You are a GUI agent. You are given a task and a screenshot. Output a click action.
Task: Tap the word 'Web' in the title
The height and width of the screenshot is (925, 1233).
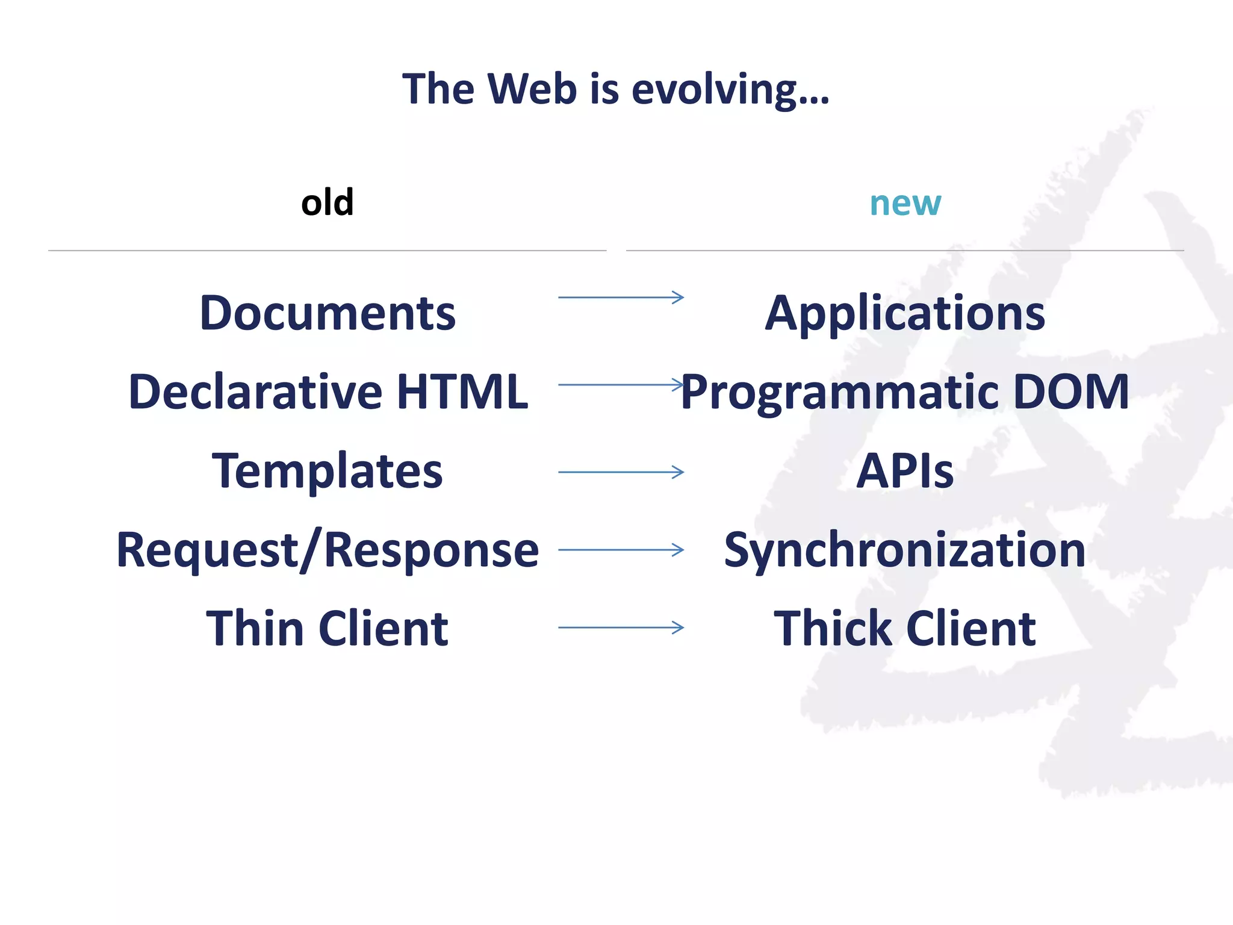click(x=532, y=89)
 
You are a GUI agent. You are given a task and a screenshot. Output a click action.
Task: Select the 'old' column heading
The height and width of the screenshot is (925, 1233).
click(x=327, y=202)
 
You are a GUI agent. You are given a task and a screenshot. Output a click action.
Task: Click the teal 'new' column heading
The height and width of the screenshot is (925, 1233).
click(x=905, y=204)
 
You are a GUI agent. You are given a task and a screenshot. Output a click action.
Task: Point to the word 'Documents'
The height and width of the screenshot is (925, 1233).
click(x=328, y=313)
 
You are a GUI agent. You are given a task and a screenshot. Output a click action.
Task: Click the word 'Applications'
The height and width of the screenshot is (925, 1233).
click(x=905, y=314)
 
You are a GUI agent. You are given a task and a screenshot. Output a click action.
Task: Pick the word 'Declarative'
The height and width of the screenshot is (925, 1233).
click(x=255, y=391)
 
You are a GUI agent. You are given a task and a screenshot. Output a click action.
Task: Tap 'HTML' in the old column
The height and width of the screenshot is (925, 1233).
click(x=462, y=391)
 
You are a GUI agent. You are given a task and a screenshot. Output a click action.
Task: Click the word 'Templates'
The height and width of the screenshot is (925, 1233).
click(x=328, y=472)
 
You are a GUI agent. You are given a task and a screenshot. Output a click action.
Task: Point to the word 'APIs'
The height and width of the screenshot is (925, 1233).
click(x=905, y=471)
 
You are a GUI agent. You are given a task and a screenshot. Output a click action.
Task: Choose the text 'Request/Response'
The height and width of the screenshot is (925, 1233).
click(x=328, y=550)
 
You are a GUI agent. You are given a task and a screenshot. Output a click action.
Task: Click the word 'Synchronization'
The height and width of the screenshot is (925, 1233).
click(x=905, y=550)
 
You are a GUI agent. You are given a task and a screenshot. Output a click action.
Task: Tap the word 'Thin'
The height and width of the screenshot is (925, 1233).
click(x=254, y=629)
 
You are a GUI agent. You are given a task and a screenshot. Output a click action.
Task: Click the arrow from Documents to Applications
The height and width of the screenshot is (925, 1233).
click(x=621, y=297)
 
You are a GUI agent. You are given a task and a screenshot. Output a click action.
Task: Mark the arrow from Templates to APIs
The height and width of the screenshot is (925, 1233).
click(x=621, y=472)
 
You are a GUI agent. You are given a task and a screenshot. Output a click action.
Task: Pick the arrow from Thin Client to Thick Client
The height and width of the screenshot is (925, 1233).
click(x=621, y=628)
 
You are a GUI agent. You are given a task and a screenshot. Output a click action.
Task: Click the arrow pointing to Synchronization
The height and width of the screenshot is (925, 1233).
click(x=621, y=549)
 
